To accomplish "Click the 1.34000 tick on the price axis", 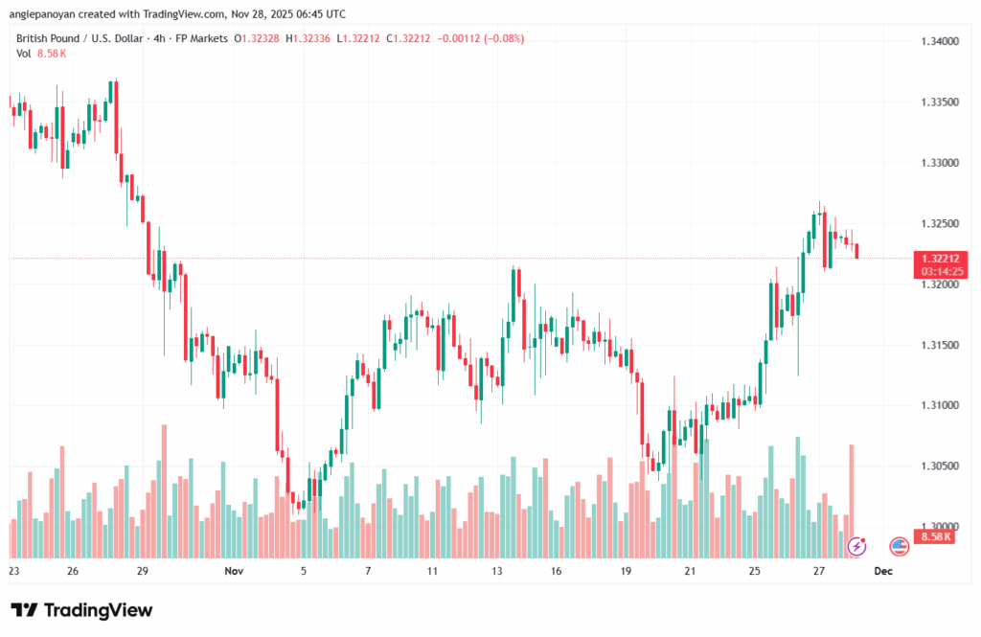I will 938,41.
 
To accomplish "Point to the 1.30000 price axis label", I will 938,526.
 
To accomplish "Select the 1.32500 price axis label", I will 938,223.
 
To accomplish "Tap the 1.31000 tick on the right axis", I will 938,405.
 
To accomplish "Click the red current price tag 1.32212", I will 937,259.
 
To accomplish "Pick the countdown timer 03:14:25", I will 937,271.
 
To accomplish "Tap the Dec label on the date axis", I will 883,570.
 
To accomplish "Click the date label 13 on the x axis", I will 497,570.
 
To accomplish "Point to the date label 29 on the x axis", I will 142,570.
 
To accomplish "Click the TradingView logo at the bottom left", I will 81,610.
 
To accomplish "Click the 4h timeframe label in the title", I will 150,38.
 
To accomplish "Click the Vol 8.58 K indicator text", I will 41,54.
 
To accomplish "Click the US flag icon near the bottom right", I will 899,546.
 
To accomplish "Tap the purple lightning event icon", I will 857,546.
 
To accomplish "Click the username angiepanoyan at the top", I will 52,14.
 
